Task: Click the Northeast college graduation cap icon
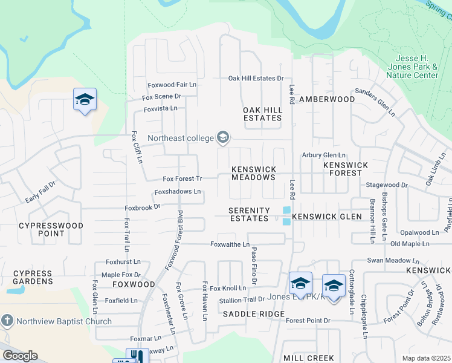coord(222,139)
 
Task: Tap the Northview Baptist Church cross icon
coord(7,321)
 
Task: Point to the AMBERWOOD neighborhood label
coord(327,99)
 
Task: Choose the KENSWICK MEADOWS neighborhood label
coord(254,173)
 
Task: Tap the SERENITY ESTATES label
coord(248,214)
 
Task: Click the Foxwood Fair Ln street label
coord(172,86)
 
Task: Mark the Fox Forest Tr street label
coord(182,178)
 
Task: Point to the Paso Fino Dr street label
coord(254,266)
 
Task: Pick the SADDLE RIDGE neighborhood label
coord(253,314)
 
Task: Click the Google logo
coord(19,356)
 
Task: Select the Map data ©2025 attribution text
coord(425,358)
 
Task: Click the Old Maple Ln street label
coord(410,244)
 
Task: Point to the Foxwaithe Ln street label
coord(230,244)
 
